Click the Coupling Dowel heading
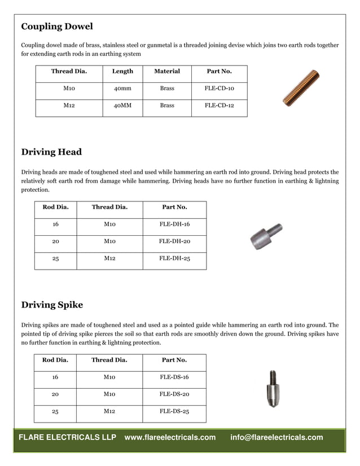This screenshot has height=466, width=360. (x=57, y=27)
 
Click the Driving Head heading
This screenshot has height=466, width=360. (x=51, y=152)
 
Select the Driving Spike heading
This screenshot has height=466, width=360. (x=52, y=305)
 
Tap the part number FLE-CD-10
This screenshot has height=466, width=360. (x=219, y=89)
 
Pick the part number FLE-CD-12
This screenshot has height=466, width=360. (x=219, y=105)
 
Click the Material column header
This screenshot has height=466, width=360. (x=167, y=71)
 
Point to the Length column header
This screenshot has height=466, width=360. (x=122, y=71)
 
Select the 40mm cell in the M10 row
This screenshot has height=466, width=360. (x=122, y=89)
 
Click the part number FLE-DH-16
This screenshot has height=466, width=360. (x=174, y=225)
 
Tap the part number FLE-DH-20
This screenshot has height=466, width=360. (x=174, y=241)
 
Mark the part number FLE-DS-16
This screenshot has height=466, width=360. (x=174, y=377)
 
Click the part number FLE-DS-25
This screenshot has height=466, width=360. (x=174, y=412)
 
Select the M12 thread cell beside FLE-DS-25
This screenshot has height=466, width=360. (x=109, y=412)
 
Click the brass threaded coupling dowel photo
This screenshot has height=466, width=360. (x=301, y=87)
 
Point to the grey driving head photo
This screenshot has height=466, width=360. (x=266, y=237)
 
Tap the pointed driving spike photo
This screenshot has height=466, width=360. (x=273, y=389)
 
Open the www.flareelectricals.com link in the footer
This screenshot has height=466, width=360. (x=170, y=438)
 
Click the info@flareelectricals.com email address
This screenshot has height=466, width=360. (x=276, y=438)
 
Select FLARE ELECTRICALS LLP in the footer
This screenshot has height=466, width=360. (x=68, y=438)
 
